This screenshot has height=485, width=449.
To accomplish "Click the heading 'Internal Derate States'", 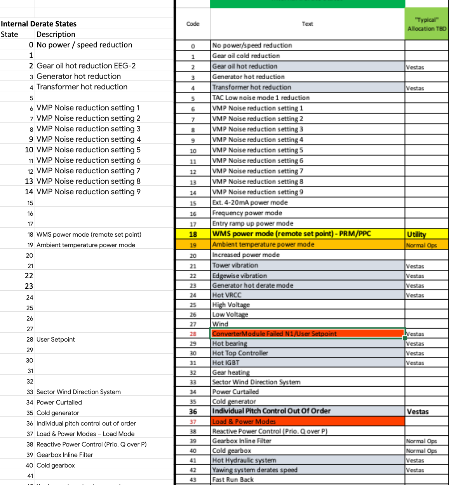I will [x=39, y=24].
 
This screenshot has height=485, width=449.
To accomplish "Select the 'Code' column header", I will [x=193, y=24].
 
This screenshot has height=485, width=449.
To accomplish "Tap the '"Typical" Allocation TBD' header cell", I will [x=426, y=24].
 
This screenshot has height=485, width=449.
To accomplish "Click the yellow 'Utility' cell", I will [x=416, y=234].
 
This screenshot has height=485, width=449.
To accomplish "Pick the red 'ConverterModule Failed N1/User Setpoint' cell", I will [x=274, y=333].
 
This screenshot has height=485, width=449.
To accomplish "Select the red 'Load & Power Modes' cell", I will [x=244, y=421].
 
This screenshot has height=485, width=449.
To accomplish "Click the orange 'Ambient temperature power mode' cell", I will [x=263, y=244].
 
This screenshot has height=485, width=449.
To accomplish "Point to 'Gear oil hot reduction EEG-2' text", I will [x=86, y=66].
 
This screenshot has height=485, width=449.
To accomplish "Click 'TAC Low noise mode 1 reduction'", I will [x=261, y=98].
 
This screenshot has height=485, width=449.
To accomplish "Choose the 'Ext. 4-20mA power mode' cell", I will [x=250, y=202].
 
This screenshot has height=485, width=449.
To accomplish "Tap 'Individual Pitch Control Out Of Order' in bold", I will [x=271, y=411].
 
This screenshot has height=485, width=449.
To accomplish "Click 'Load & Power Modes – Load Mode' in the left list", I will [x=85, y=434].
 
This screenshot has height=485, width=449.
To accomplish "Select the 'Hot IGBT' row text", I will [x=226, y=363].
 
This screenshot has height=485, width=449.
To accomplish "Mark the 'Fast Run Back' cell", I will [x=233, y=480].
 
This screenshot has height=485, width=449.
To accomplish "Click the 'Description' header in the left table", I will [x=56, y=34].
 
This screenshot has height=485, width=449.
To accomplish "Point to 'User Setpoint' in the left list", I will [x=56, y=339].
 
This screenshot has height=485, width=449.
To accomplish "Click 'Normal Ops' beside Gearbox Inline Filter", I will [x=421, y=441].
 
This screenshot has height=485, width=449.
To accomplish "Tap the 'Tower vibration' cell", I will [x=235, y=265].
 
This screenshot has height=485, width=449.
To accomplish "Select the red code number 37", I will [x=193, y=422].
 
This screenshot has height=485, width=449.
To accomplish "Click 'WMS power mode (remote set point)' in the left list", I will [x=89, y=234].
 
